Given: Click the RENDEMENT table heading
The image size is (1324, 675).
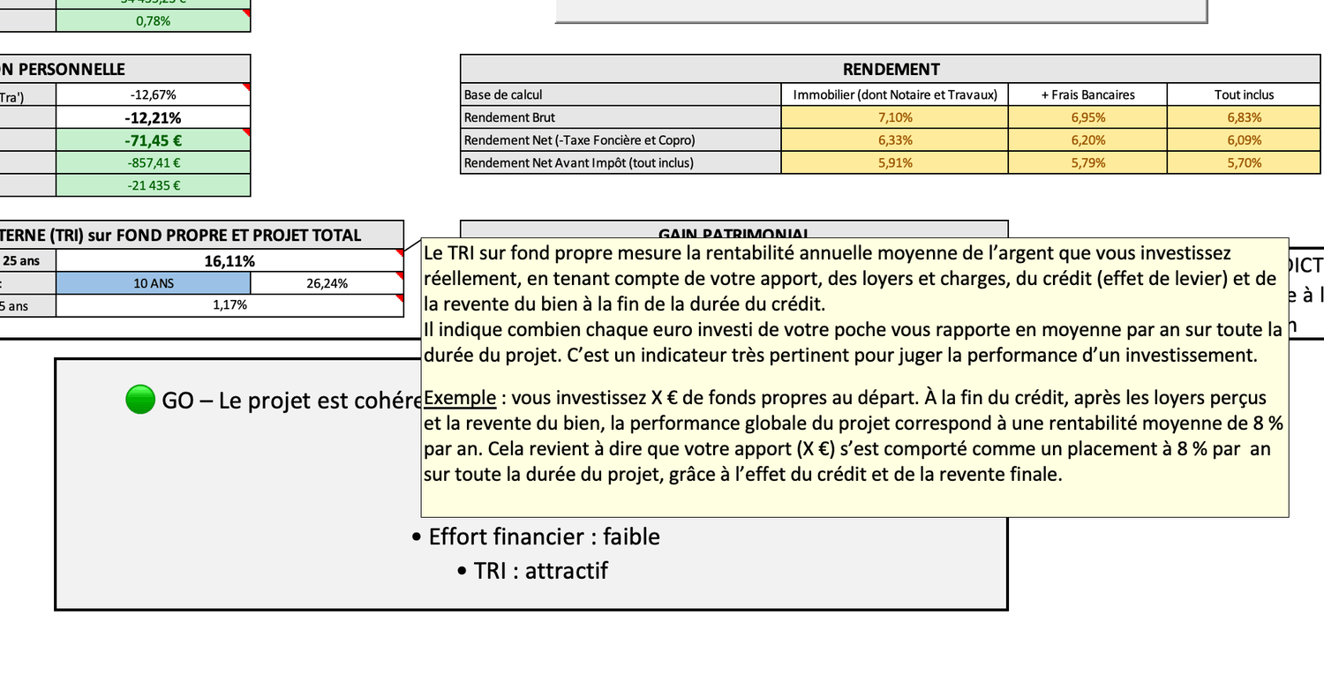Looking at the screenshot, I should tap(891, 69).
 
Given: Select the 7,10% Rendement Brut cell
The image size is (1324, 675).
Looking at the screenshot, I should tap(895, 117).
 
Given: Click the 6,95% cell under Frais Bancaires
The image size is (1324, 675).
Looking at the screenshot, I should tap(1087, 117).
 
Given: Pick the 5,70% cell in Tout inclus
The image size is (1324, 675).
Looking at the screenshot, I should tap(1244, 162).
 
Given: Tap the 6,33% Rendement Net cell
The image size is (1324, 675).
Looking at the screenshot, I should tap(895, 140).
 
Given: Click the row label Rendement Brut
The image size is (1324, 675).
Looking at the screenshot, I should tap(509, 117).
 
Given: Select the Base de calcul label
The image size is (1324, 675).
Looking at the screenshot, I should tap(503, 94).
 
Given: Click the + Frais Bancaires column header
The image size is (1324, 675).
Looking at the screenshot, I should tap(1087, 94).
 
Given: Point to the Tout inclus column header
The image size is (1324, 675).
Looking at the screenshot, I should tap(1244, 94).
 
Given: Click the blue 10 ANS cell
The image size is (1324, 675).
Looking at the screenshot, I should tap(153, 283).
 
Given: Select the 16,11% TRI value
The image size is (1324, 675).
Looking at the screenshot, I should tap(229, 261).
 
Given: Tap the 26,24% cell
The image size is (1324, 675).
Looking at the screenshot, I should tap(327, 283).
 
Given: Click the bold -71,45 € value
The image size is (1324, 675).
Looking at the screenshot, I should tap(153, 140).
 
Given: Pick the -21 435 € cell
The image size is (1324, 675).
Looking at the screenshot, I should tap(153, 185).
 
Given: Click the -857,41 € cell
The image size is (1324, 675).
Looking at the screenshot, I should tap(153, 162).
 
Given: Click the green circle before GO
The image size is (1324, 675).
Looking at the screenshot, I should tap(140, 400).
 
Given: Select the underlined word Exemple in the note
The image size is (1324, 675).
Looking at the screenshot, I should tap(460, 398).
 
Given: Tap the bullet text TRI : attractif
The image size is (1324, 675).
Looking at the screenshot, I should tap(540, 571).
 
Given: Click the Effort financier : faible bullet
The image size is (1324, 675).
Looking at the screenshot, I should tap(544, 536).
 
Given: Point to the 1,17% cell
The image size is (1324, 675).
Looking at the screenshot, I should tap(229, 305).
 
